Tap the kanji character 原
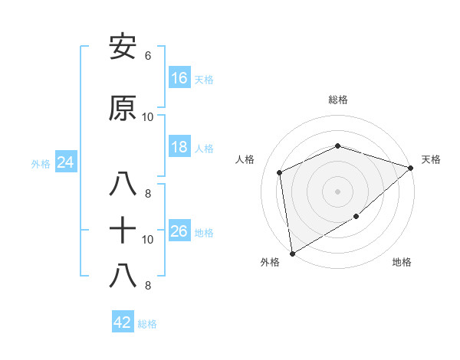tap(123, 108)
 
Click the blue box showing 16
tap(179, 77)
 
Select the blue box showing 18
tap(179, 147)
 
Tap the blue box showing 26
tap(179, 231)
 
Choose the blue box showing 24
tap(65, 162)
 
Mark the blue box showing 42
tap(123, 322)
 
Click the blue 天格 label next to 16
tap(204, 79)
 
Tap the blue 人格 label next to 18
tap(204, 149)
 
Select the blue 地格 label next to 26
tap(204, 233)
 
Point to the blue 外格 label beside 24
tap(41, 164)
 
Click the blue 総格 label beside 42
tap(147, 324)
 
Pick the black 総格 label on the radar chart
tap(338, 100)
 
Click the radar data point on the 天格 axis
tap(411, 168)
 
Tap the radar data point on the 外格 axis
tap(292, 253)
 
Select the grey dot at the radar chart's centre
tap(337, 191)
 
